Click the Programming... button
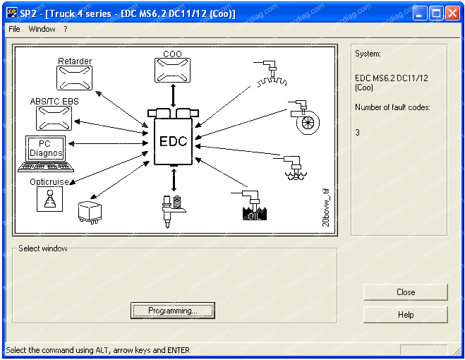coord(172,311)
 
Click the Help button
coord(405,315)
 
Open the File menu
coord(14,29)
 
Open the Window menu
coord(42,29)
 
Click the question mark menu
coord(65,29)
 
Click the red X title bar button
coord(452,13)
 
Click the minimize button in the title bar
coord(420,13)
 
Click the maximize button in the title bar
coord(436,13)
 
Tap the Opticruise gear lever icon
coord(47,199)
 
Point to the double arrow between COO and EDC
coord(173,95)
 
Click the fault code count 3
coord(358,132)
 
